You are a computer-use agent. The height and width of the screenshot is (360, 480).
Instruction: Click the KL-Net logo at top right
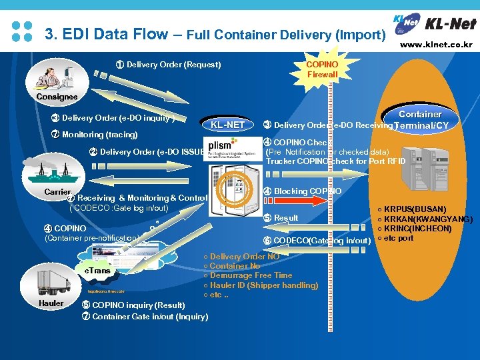point(437,23)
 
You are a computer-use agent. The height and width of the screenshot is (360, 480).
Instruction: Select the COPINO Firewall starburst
point(323,69)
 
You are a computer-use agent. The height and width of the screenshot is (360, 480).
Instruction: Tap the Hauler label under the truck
point(51,303)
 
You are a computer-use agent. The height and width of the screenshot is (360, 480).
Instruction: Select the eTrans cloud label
point(97,271)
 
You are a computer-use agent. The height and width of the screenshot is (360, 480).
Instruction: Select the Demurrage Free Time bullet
point(250,275)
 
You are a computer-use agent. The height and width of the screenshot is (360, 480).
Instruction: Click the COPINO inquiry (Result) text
point(133,305)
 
